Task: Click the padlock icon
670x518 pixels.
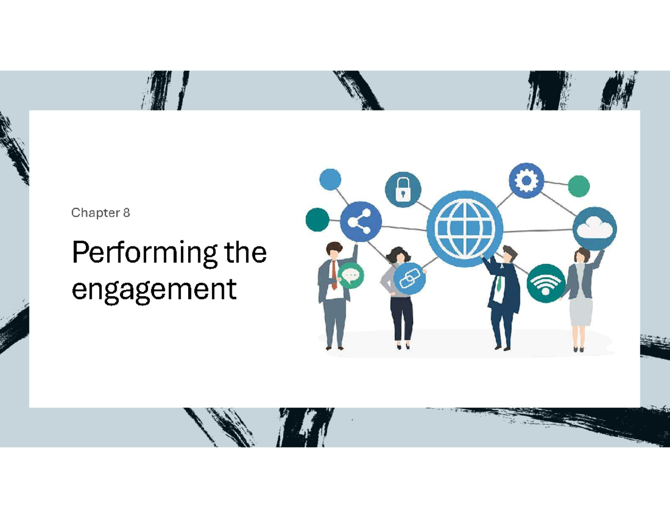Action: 403,190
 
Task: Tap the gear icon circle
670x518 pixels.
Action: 526,180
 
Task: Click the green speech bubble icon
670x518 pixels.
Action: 351,275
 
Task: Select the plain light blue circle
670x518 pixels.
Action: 330,180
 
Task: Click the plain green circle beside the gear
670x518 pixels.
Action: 579,186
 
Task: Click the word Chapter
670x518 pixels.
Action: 95,213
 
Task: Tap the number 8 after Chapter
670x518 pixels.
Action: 127,213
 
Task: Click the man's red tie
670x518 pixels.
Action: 333,275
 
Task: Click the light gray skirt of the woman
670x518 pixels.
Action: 581,311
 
